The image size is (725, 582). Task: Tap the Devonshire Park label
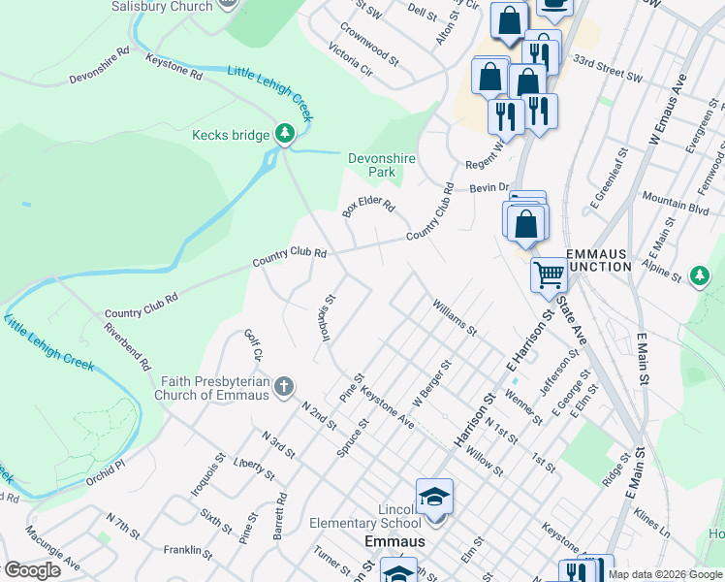(x=373, y=164)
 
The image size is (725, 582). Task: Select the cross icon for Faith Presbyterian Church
(x=283, y=388)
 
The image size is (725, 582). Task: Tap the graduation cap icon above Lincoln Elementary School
(x=435, y=498)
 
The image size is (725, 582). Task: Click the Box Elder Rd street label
(x=369, y=208)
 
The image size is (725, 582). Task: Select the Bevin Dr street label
(x=489, y=187)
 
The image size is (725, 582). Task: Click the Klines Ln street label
(x=651, y=521)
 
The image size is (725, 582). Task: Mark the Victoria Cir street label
(x=349, y=60)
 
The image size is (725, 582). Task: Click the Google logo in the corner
(x=31, y=570)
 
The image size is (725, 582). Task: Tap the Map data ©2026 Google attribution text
(x=665, y=574)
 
